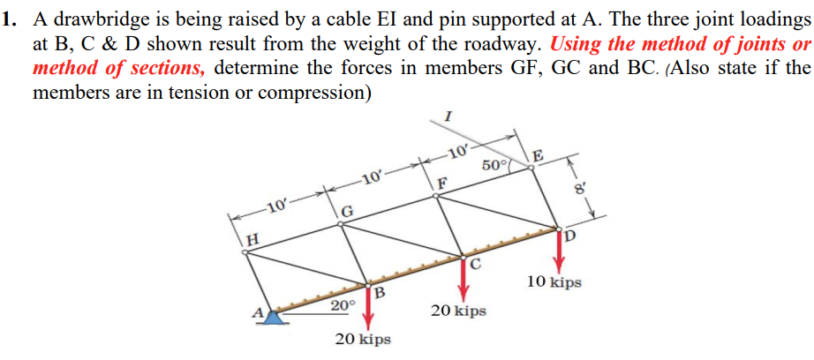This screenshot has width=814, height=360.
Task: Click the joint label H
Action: tap(253, 237)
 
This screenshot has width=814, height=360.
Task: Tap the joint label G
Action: tap(348, 212)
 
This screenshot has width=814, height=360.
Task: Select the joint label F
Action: tap(443, 184)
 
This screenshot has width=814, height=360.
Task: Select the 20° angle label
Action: tap(343, 305)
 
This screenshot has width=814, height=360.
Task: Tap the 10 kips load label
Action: tap(554, 282)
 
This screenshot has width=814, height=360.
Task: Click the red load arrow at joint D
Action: tap(559, 252)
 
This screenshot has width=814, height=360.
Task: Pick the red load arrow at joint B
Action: tap(369, 308)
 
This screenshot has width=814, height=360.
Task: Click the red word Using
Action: tap(579, 45)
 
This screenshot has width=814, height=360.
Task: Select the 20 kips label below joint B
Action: tap(363, 339)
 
